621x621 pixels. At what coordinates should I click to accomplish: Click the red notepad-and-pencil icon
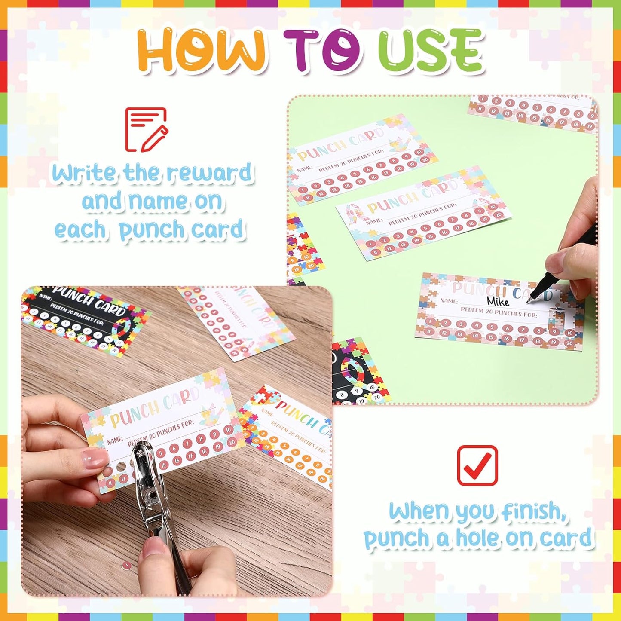[x=146, y=129]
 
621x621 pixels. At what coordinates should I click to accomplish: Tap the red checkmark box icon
[x=477, y=465]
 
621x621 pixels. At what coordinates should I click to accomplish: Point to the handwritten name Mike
[x=498, y=301]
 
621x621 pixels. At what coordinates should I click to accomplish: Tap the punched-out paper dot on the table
[x=126, y=566]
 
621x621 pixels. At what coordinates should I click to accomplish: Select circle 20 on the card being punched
[x=232, y=442]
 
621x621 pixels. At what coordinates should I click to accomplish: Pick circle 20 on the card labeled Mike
[x=569, y=343]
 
